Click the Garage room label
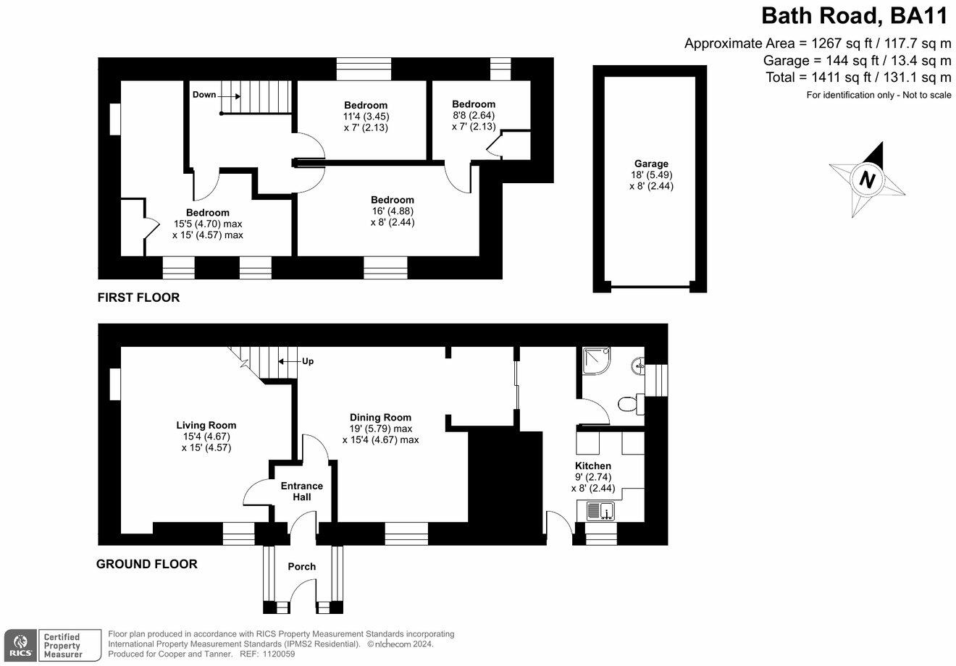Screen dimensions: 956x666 pyautogui.click(x=649, y=164)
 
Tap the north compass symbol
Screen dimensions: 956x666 pyautogui.click(x=867, y=179)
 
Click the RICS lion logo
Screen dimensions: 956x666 pyautogui.click(x=20, y=644)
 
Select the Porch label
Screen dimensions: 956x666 pyautogui.click(x=302, y=566)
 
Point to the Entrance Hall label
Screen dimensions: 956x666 pyautogui.click(x=302, y=492)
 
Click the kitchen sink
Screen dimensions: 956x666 pyautogui.click(x=600, y=512)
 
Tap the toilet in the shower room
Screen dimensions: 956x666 pyautogui.click(x=630, y=404)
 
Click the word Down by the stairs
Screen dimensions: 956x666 pyautogui.click(x=204, y=95)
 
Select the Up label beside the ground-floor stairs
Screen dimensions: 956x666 pyautogui.click(x=307, y=361)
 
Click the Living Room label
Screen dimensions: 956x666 pyautogui.click(x=206, y=426)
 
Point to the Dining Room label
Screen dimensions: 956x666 pyautogui.click(x=380, y=417)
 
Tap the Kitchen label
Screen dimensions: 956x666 pyautogui.click(x=593, y=465)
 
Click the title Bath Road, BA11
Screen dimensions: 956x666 pyautogui.click(x=856, y=15)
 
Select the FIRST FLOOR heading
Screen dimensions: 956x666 pyautogui.click(x=139, y=298)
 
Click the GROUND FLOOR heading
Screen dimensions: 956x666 pyautogui.click(x=147, y=564)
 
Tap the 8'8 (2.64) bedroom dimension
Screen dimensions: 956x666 pyautogui.click(x=473, y=115)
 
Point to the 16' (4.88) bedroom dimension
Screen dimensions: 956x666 pyautogui.click(x=392, y=211)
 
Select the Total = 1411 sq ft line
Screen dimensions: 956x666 pyautogui.click(x=858, y=77)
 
